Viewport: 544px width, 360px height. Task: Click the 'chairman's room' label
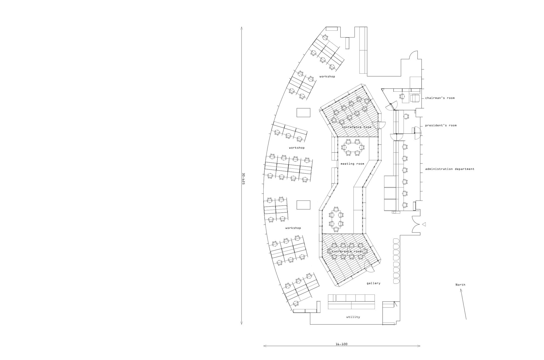[440, 98]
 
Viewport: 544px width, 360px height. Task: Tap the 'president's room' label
[441, 125]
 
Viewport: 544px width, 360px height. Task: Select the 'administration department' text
[450, 169]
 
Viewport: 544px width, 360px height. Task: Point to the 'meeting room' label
[352, 164]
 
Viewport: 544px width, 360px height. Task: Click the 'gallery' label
[373, 283]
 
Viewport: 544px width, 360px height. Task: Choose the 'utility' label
[353, 317]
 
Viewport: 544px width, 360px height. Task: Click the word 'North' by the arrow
[460, 285]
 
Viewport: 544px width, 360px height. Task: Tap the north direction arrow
[463, 304]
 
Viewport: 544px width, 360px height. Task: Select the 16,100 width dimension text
[342, 344]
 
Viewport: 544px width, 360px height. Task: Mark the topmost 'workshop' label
[327, 76]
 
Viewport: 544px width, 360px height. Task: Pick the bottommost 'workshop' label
[293, 228]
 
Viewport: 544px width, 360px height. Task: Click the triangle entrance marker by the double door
[424, 224]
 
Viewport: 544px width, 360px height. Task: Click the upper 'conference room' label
[357, 127]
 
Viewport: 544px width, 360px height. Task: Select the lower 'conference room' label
[347, 252]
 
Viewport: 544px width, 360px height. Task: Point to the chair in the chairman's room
[402, 96]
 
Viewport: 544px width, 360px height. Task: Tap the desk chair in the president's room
[406, 116]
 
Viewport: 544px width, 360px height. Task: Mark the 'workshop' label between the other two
[297, 148]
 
